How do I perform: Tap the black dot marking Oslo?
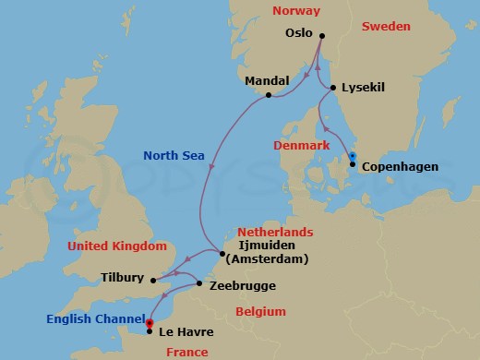(321, 37)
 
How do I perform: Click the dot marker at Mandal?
(268, 95)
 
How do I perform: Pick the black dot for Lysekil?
(333, 88)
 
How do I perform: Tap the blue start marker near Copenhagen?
(351, 156)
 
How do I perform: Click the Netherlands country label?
(276, 233)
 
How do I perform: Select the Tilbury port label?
(124, 276)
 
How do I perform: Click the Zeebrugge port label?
(241, 286)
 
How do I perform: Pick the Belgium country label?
(259, 311)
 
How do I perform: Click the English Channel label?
(93, 320)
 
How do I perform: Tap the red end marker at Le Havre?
(149, 322)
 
